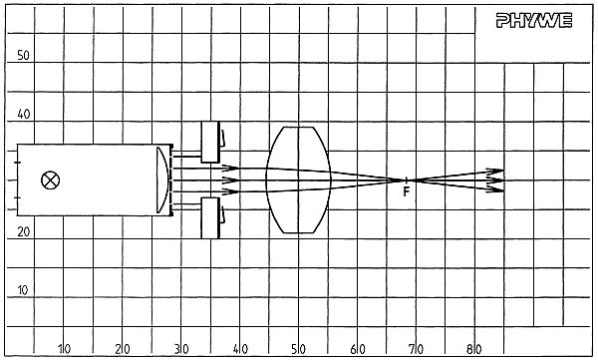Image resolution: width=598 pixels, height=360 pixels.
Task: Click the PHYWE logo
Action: tap(534, 20)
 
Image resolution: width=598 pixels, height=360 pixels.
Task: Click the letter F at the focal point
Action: tap(407, 191)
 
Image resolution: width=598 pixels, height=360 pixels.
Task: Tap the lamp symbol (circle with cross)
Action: tap(51, 180)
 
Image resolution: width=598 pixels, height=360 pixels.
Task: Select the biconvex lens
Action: tap(299, 180)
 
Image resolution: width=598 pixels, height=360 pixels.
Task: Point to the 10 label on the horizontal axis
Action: tap(64, 349)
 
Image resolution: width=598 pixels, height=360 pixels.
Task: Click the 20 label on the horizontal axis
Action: tap(123, 349)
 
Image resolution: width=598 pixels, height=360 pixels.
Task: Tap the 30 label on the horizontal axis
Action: tap(181, 349)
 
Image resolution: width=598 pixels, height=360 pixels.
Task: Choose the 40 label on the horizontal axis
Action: tap(240, 349)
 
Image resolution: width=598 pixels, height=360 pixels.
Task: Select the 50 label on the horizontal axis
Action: tap(299, 349)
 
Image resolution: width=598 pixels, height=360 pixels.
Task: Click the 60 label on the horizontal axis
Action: tap(358, 349)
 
